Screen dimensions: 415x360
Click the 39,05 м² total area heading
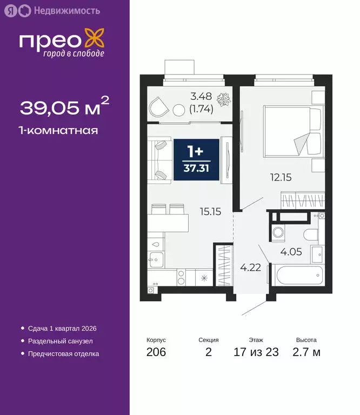pyautogui.click(x=64, y=108)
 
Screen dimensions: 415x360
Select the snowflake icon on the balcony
pyautogui.click(x=222, y=101)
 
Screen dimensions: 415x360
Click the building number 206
pyautogui.click(x=156, y=353)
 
